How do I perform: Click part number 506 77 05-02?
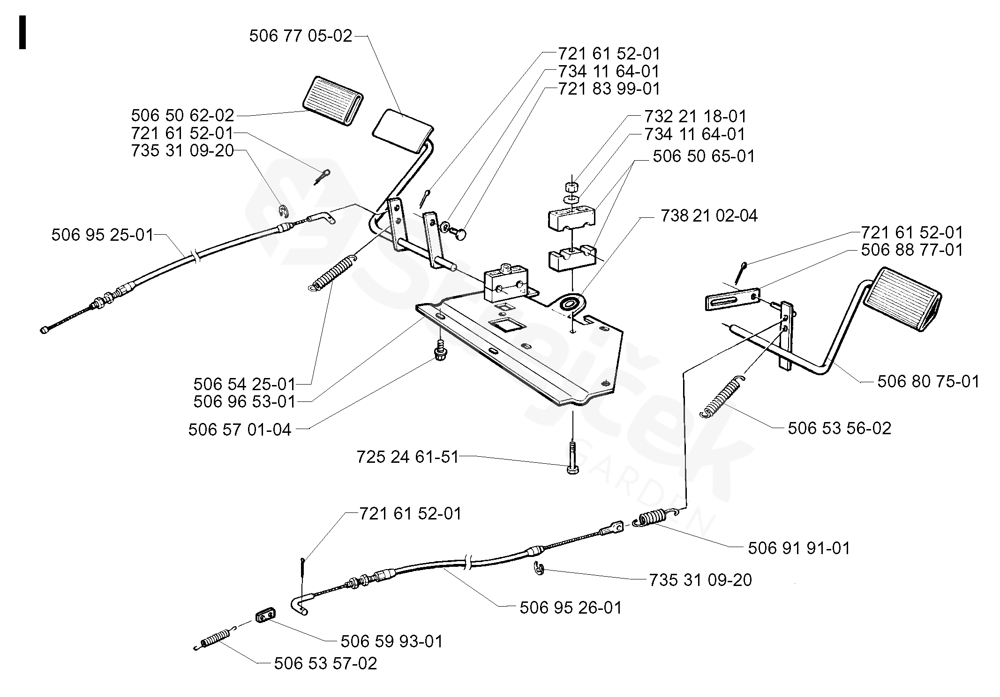point(301,36)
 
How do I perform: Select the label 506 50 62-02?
point(182,115)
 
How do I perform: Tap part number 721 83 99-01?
point(609,89)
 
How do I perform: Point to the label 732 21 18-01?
point(695,117)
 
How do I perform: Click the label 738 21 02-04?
point(709,216)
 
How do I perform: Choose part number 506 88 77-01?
point(912,250)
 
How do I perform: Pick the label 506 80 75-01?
point(928,381)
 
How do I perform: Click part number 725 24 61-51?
point(407,457)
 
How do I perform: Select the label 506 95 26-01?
point(571,608)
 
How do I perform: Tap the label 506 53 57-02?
point(325,663)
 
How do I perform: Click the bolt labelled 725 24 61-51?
point(571,457)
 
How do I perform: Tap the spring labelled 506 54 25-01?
point(332,273)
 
